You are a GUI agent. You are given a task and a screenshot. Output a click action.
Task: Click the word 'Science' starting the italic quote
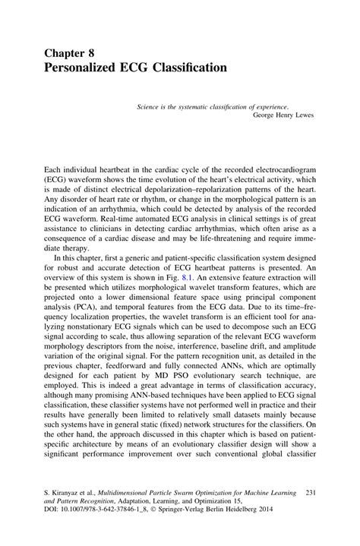coord(150,109)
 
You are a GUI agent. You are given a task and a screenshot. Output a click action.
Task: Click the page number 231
coord(310,493)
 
